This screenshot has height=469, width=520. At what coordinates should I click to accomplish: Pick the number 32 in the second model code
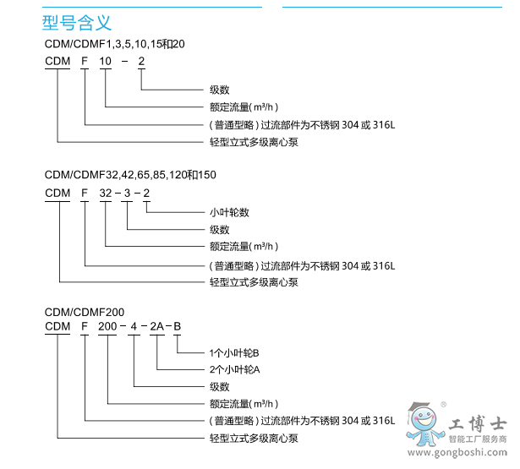pyautogui.click(x=106, y=193)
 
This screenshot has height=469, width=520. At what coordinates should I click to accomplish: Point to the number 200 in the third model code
pyautogui.click(x=108, y=325)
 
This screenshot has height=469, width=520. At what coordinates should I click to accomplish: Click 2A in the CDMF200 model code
pyautogui.click(x=158, y=325)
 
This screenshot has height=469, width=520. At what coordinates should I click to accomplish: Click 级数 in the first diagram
pyautogui.click(x=219, y=90)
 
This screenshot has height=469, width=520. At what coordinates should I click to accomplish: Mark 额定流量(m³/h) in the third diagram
pyautogui.click(x=244, y=403)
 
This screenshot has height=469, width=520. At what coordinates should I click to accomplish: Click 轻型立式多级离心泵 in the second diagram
pyautogui.click(x=254, y=282)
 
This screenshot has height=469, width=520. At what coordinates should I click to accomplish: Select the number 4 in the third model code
pyautogui.click(x=134, y=325)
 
